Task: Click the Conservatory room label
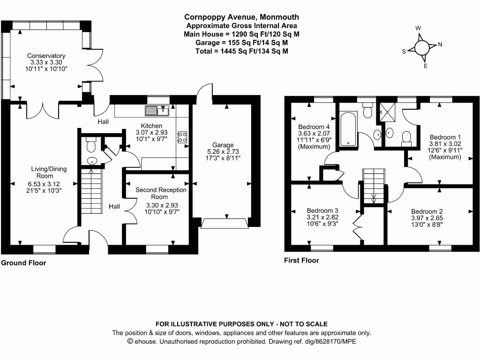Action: (x=46, y=56)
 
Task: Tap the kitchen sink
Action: (x=157, y=111)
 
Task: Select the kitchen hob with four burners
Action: (x=182, y=137)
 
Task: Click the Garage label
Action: (x=223, y=145)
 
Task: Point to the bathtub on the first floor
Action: (x=348, y=128)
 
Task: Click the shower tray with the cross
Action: (x=388, y=112)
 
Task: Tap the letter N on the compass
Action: (x=440, y=45)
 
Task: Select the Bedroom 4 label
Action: (x=314, y=127)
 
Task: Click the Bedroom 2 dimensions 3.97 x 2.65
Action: (x=427, y=218)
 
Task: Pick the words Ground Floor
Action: (x=23, y=263)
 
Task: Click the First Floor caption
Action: (x=301, y=260)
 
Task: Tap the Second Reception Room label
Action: (x=161, y=193)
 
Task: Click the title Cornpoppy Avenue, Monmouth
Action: (x=241, y=17)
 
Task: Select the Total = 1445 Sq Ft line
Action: (x=241, y=51)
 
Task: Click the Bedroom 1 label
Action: (x=445, y=137)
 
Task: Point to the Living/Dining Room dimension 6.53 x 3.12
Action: (x=44, y=184)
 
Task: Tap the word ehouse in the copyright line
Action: (x=146, y=341)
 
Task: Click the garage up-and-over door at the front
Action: (x=225, y=224)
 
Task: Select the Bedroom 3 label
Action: (x=322, y=210)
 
